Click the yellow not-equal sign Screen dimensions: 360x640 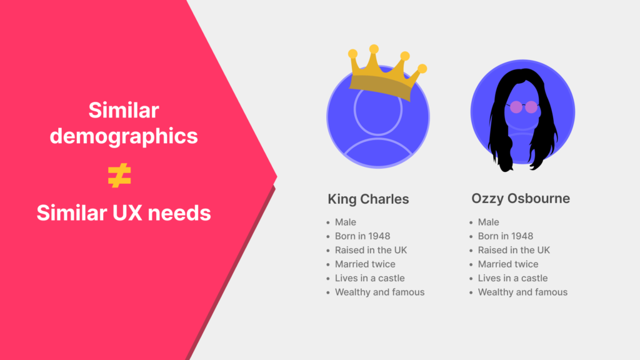119,177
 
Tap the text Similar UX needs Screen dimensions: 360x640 124,213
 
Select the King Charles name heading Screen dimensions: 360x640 368,199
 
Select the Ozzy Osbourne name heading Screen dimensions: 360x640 521,199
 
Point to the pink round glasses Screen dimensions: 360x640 523,107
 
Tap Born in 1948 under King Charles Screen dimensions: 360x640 362,236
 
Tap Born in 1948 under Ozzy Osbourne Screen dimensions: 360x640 505,236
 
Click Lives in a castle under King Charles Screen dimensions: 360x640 369,278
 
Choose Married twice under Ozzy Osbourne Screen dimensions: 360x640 508,264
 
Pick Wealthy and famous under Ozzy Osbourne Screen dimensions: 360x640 522,292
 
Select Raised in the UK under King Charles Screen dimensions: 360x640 371,250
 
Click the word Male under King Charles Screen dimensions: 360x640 345,222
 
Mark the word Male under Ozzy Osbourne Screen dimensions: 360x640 488,222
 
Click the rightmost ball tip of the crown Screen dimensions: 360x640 422,68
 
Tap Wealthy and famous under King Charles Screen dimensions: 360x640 379,292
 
